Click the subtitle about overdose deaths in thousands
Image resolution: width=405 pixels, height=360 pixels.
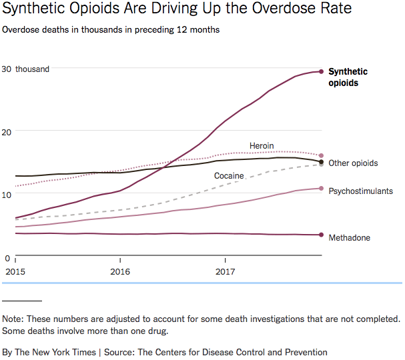tap(111, 30)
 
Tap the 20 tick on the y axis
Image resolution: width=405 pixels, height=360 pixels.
tap(7, 131)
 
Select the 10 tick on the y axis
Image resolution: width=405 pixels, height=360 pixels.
tap(7, 194)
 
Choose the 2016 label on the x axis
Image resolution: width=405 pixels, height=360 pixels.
tap(120, 272)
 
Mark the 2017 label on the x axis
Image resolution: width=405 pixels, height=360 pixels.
tap(226, 272)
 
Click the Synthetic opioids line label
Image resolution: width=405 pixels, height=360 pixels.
tap(348, 77)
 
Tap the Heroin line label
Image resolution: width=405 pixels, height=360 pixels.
tap(262, 146)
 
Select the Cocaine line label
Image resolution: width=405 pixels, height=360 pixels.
tap(229, 176)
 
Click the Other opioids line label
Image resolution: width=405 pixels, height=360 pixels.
tap(353, 163)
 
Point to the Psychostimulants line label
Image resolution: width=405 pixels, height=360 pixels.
tap(361, 191)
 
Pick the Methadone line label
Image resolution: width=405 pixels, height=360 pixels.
tap(349, 238)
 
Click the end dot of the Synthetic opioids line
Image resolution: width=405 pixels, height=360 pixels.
tap(322, 71)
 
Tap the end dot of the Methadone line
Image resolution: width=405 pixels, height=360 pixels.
tap(322, 235)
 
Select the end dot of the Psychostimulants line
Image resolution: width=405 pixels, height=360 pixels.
tap(322, 189)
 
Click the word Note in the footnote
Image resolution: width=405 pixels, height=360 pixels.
tap(13, 319)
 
